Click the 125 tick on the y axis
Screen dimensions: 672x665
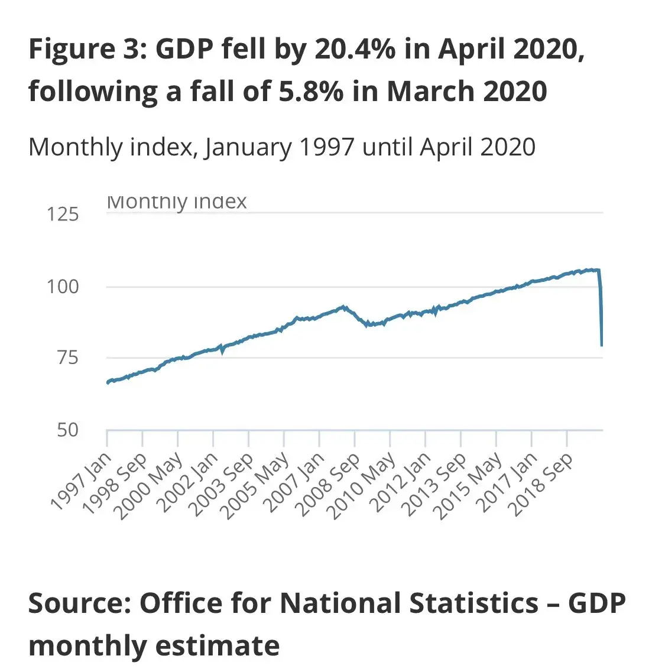click(x=63, y=214)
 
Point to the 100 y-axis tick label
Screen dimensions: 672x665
click(x=63, y=287)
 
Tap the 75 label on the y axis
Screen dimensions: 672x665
click(x=67, y=358)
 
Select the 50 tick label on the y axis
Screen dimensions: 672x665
click(x=67, y=430)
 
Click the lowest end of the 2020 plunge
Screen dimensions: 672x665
click(x=602, y=345)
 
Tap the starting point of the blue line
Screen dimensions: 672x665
click(x=108, y=383)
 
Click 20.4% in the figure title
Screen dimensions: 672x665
click(x=355, y=49)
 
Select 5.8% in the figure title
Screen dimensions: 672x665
click(x=311, y=92)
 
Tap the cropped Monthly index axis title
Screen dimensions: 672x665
click(x=177, y=203)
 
